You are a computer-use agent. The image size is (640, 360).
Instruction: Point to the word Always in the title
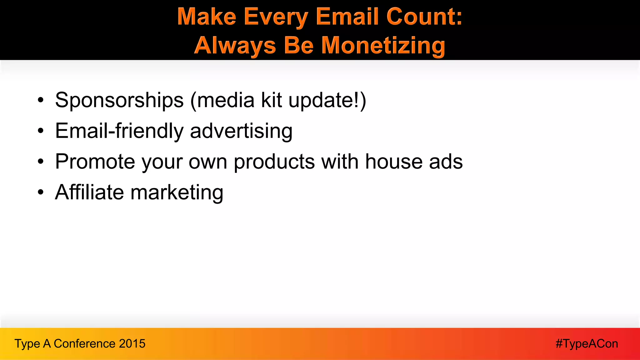(x=235, y=45)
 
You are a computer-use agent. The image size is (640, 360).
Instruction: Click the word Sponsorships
(x=119, y=100)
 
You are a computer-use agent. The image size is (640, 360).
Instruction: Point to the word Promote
(x=95, y=162)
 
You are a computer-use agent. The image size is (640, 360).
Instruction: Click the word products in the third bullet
(x=274, y=162)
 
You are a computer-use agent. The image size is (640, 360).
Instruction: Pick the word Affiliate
(x=89, y=192)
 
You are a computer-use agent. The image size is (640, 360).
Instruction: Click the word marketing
(x=177, y=192)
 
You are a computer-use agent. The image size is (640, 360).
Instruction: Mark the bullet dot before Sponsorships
(x=41, y=101)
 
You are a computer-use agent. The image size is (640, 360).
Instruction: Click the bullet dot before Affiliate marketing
(x=41, y=192)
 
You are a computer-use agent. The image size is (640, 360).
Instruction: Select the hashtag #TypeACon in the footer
(x=587, y=344)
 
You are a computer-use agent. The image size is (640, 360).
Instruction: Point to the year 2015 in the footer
(x=132, y=344)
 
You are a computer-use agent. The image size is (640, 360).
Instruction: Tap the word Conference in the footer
(x=84, y=344)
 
